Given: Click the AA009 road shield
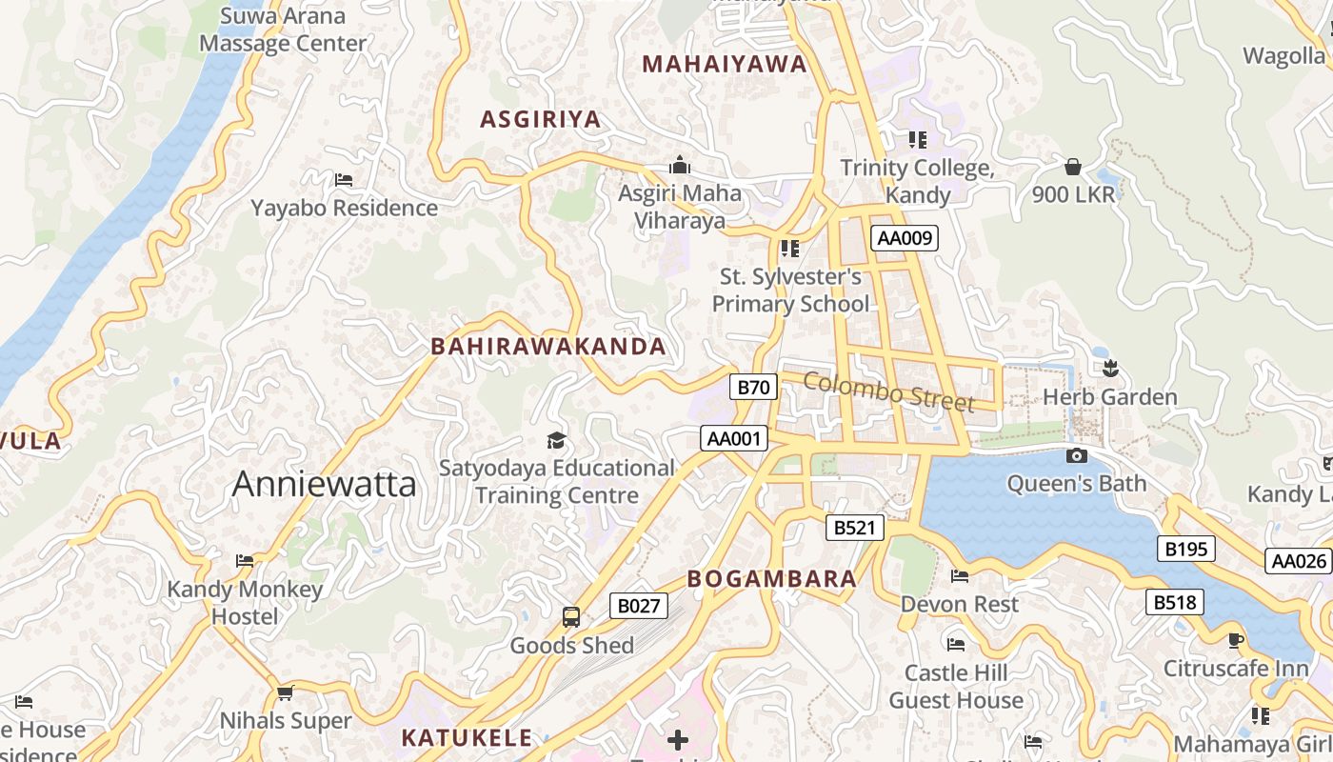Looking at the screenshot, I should (904, 238).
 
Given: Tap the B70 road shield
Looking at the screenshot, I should (753, 387).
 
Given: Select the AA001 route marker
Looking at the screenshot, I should (734, 438).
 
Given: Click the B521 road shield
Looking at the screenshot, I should (854, 528).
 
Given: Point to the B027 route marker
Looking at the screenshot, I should (638, 606).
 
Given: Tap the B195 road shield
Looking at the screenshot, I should (1185, 549).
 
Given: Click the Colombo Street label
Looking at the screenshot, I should (888, 391).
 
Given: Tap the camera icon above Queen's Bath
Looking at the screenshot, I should (1077, 456).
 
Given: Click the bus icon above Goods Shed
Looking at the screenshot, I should (571, 617).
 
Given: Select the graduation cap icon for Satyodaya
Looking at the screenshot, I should (556, 440).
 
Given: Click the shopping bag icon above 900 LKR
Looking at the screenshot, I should (1073, 168).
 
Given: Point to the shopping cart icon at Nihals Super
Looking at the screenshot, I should (285, 692).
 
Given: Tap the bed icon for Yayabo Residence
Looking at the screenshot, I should (344, 179).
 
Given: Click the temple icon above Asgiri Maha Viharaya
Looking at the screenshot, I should (680, 165).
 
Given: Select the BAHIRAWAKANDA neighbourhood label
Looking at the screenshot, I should (548, 347).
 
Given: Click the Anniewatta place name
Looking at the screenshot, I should (324, 484).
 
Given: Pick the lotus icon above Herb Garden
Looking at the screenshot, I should (1109, 368).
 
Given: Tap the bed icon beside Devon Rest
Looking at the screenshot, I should (960, 576).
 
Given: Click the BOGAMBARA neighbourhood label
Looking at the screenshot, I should (771, 579).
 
